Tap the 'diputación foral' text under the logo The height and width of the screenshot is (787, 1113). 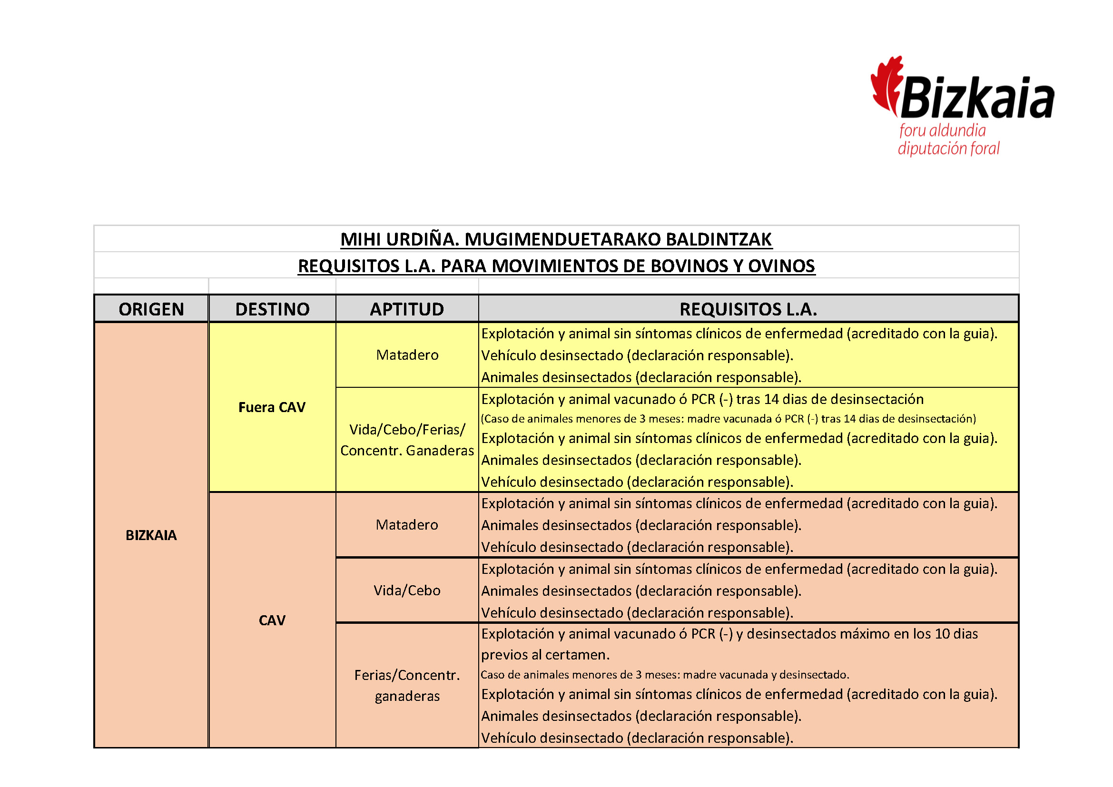pos(948,148)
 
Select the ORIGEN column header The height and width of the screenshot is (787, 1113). pos(151,309)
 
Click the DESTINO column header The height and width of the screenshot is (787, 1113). pos(272,309)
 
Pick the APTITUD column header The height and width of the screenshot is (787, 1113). pos(407,309)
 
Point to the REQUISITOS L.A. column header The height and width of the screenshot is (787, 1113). pos(748,309)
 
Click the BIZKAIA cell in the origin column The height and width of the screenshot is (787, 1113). pos(151,535)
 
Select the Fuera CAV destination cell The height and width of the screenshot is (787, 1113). pos(272,407)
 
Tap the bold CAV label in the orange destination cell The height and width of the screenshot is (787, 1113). pos(272,620)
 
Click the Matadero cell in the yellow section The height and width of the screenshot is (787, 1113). pos(407,355)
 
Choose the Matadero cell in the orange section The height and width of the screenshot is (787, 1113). pos(407,525)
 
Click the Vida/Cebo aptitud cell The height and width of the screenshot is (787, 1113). pos(407,590)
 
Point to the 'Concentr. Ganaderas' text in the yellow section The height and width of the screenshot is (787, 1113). pos(407,451)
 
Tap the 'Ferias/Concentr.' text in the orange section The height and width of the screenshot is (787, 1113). pos(407,675)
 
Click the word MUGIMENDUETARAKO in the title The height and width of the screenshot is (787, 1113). pos(562,239)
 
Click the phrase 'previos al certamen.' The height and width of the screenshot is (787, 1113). pos(545,655)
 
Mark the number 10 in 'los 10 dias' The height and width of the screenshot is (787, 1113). pos(942,634)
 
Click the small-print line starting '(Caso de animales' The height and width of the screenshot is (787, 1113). pos(728,419)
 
